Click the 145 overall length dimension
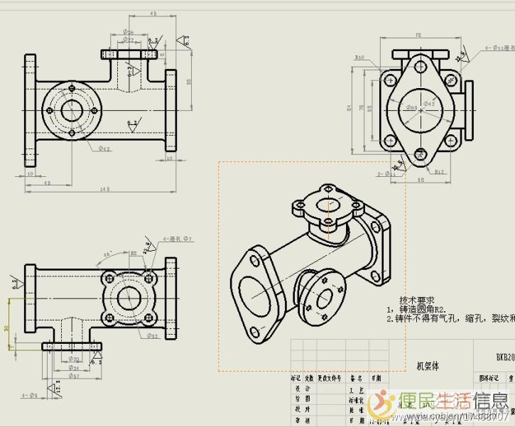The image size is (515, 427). [104, 188]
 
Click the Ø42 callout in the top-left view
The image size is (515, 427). [104, 149]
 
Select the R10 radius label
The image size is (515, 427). [359, 58]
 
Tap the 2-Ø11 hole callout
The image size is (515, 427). [386, 173]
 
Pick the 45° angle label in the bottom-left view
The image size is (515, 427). [108, 254]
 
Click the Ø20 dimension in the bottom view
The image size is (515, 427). [75, 359]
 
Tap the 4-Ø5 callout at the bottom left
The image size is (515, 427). [29, 394]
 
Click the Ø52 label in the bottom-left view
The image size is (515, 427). [152, 335]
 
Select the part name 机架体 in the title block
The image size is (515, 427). [428, 366]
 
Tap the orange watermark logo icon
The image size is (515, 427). [386, 401]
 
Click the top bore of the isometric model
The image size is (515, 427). [326, 207]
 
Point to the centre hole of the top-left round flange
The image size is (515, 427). [72, 111]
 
